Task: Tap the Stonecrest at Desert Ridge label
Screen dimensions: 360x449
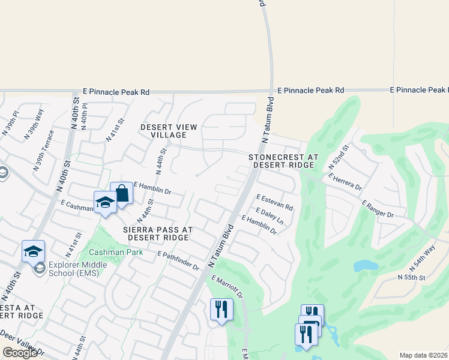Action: click(x=283, y=160)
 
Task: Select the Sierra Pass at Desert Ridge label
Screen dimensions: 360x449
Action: click(x=157, y=233)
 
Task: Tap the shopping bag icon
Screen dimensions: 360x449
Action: click(x=121, y=194)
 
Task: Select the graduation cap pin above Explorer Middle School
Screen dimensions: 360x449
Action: click(x=33, y=251)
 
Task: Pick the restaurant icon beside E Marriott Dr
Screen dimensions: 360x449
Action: click(x=221, y=310)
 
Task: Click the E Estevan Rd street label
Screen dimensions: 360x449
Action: click(x=274, y=202)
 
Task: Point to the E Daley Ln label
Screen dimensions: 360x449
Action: click(x=269, y=216)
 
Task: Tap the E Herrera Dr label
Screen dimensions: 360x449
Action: click(x=345, y=182)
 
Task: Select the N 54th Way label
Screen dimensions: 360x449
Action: click(x=424, y=257)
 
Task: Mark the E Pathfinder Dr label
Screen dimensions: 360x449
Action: click(x=178, y=261)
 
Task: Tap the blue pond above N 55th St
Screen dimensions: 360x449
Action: click(x=365, y=265)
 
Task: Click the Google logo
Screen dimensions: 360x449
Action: click(x=20, y=353)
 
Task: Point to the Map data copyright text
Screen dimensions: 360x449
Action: click(x=423, y=355)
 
